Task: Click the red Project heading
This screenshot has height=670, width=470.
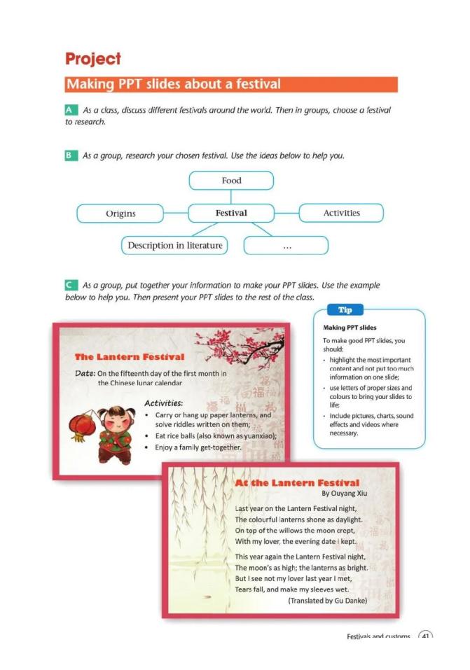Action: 92,59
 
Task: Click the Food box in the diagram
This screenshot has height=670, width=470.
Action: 231,181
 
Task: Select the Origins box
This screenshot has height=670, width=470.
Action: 120,213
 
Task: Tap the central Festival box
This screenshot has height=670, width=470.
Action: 231,213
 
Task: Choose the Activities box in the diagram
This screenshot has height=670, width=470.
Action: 341,213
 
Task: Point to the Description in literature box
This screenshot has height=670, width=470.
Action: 175,245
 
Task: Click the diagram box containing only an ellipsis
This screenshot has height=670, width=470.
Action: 286,246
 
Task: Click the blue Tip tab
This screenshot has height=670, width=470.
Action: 345,310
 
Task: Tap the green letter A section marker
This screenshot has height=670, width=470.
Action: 71,111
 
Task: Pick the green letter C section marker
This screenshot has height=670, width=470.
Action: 71,286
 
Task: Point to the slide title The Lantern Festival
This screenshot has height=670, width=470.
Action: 130,357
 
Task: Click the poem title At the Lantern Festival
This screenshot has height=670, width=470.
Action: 297,482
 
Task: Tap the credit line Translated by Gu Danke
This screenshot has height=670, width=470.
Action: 327,600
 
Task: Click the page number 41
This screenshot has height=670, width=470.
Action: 425,636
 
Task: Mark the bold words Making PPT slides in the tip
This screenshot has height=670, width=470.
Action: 350,328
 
